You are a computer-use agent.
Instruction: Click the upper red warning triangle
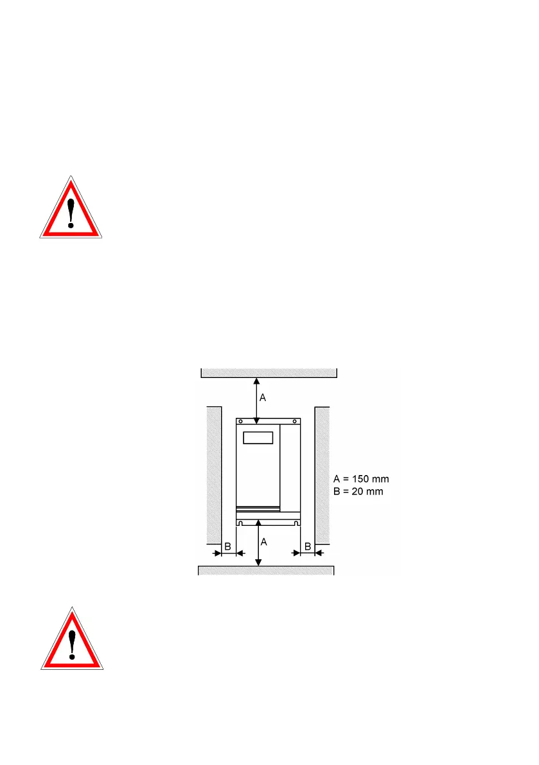(71, 209)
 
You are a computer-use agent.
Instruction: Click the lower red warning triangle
(73, 639)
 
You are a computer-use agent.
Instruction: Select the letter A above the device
(263, 399)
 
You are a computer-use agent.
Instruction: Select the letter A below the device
(264, 542)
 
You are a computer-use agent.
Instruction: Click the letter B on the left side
(227, 546)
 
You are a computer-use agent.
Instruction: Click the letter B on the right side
(308, 546)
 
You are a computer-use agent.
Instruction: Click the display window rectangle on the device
(258, 438)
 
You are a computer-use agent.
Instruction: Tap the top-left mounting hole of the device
(240, 422)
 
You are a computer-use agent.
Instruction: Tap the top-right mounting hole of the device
(296, 422)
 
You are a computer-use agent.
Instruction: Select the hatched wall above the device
(269, 372)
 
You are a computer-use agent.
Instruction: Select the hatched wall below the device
(265, 570)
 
